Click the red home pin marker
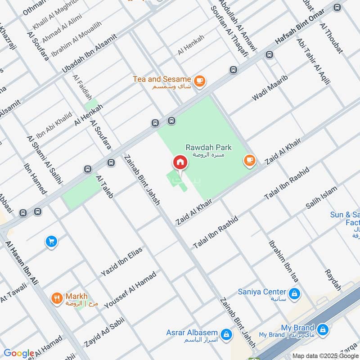[x=180, y=162]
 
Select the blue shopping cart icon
[x=51, y=242]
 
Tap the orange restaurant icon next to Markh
[x=56, y=298]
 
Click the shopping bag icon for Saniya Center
[x=294, y=294]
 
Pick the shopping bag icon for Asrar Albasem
[x=226, y=334]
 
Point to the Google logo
[x=18, y=353]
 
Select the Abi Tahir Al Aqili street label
[x=313, y=61]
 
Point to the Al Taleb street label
[x=104, y=187]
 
